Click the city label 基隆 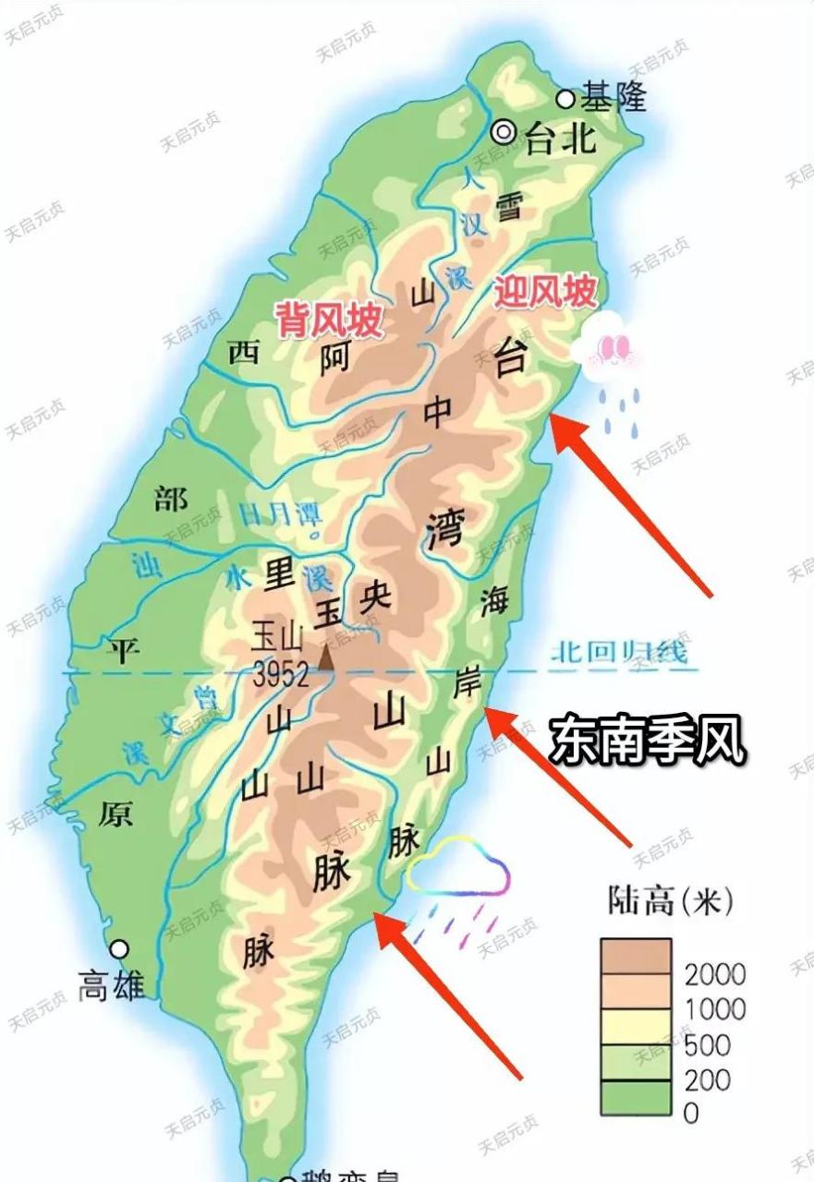614,97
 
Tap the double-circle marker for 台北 504,132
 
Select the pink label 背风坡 328,320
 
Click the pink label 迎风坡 544,293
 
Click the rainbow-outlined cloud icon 459,868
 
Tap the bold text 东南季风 648,741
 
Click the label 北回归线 619,653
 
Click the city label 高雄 111,985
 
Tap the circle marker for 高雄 119,948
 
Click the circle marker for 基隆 565,99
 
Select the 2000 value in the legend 715,973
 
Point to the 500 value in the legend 708,1044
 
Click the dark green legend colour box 636,1098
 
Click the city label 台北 559,139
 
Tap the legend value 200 708,1079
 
